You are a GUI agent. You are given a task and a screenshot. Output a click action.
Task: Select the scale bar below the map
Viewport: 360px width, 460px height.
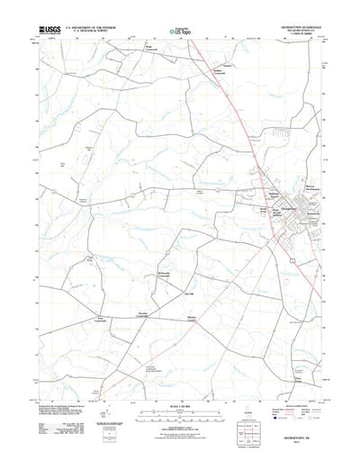(180, 419)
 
